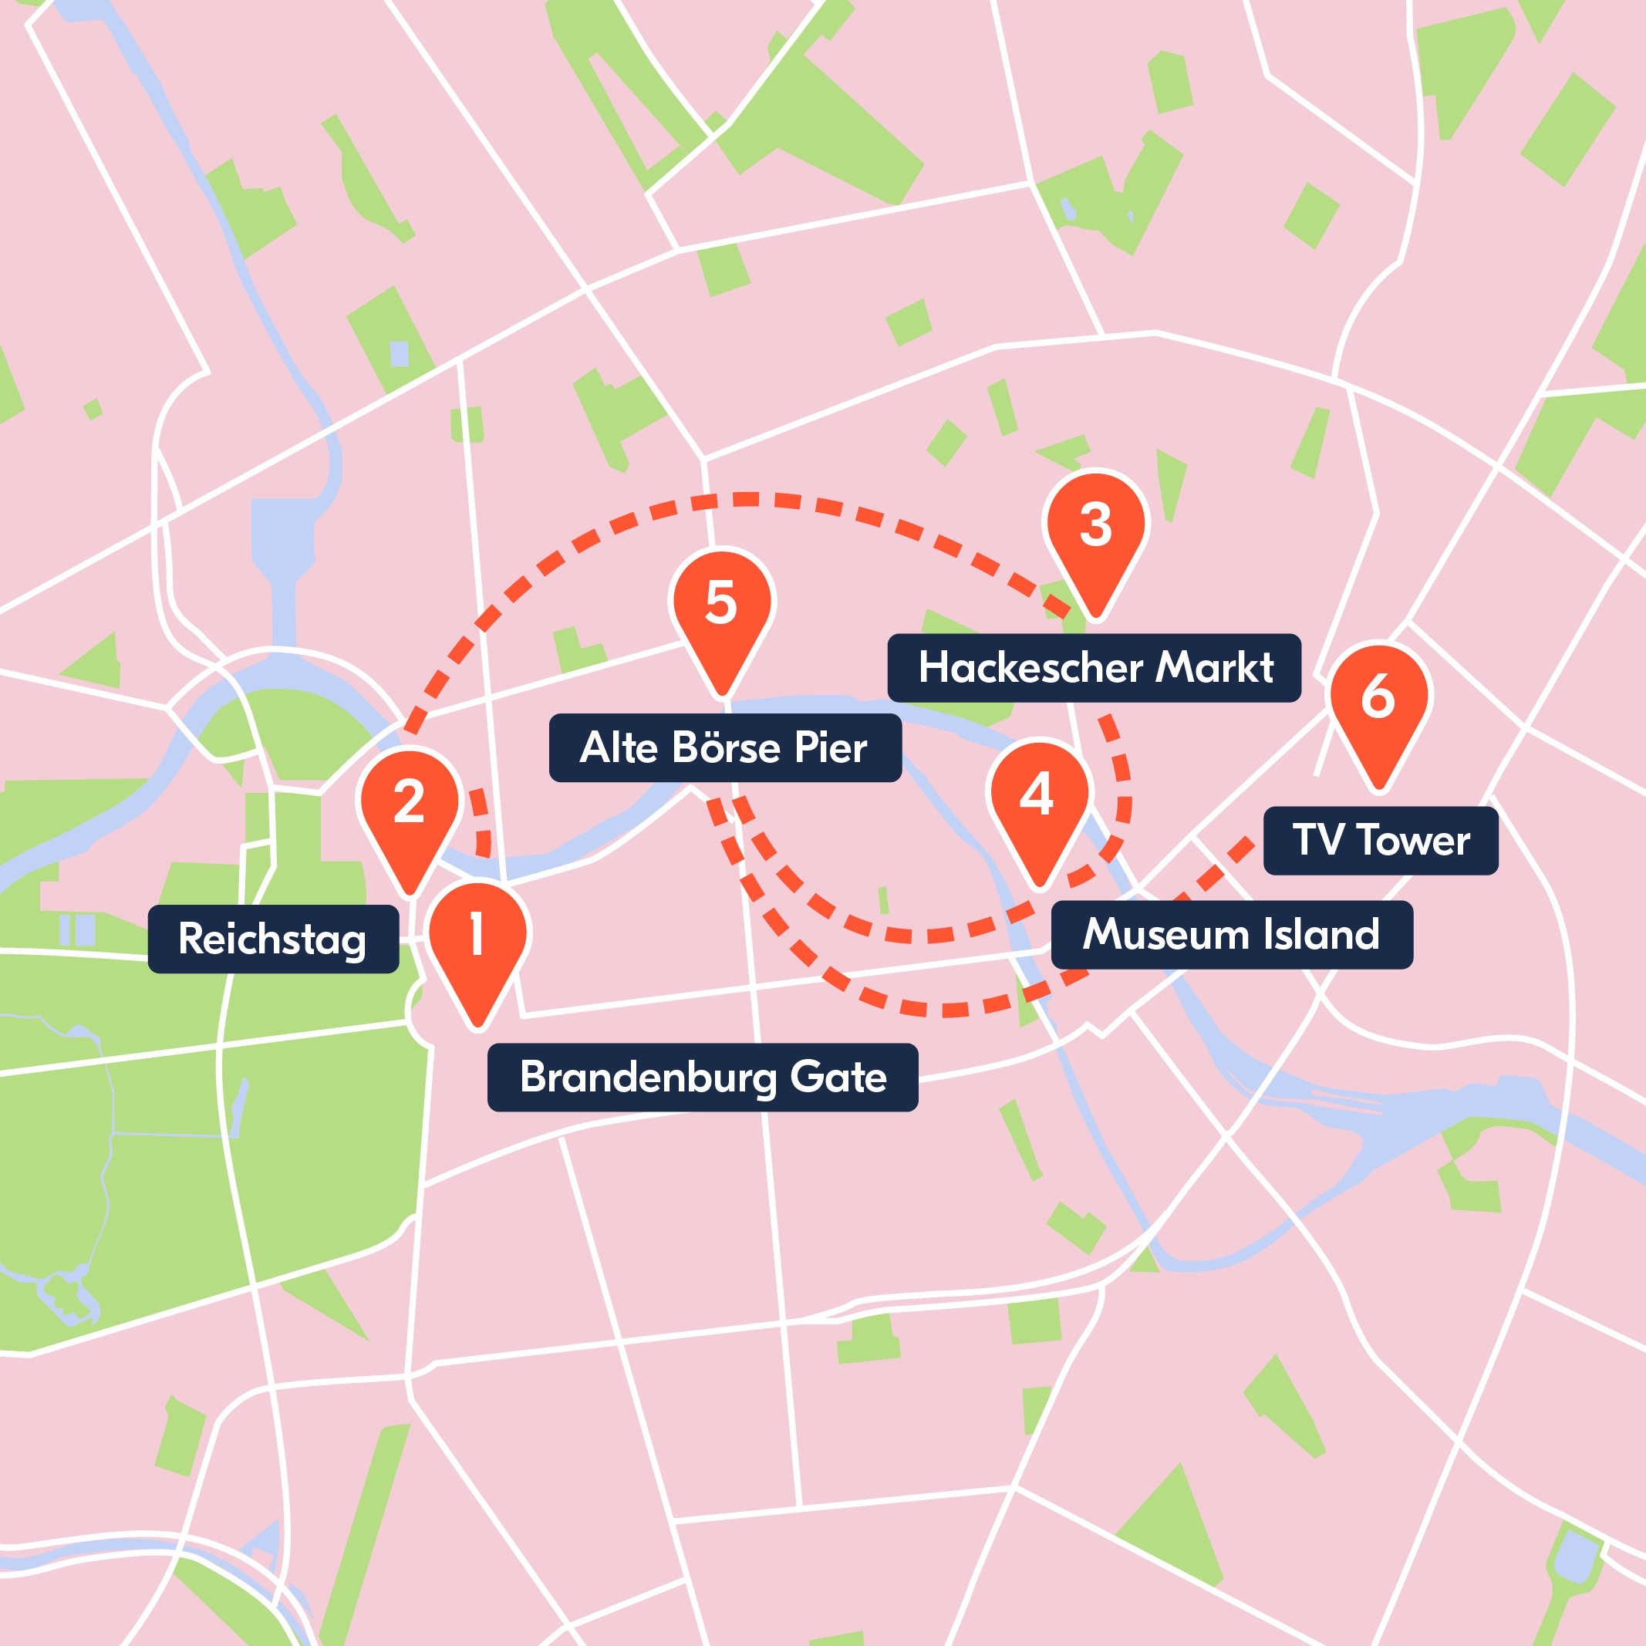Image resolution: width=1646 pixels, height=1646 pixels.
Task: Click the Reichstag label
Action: (x=272, y=939)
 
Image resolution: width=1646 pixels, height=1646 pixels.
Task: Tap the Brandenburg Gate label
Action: (x=702, y=1077)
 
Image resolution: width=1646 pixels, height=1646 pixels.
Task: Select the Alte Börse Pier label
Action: (x=724, y=748)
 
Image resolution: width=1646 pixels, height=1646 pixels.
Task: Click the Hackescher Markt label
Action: (x=1094, y=667)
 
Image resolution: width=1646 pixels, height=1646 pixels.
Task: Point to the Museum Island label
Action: (x=1231, y=934)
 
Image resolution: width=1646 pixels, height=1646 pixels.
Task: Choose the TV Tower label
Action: (x=1380, y=840)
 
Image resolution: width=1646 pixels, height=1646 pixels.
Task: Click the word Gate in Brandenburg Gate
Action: (x=838, y=1077)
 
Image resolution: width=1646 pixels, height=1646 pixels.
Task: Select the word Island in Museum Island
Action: (x=1321, y=934)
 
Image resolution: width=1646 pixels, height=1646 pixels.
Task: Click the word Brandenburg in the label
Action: (x=649, y=1077)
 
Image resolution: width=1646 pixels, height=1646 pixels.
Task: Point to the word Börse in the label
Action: (x=726, y=748)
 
